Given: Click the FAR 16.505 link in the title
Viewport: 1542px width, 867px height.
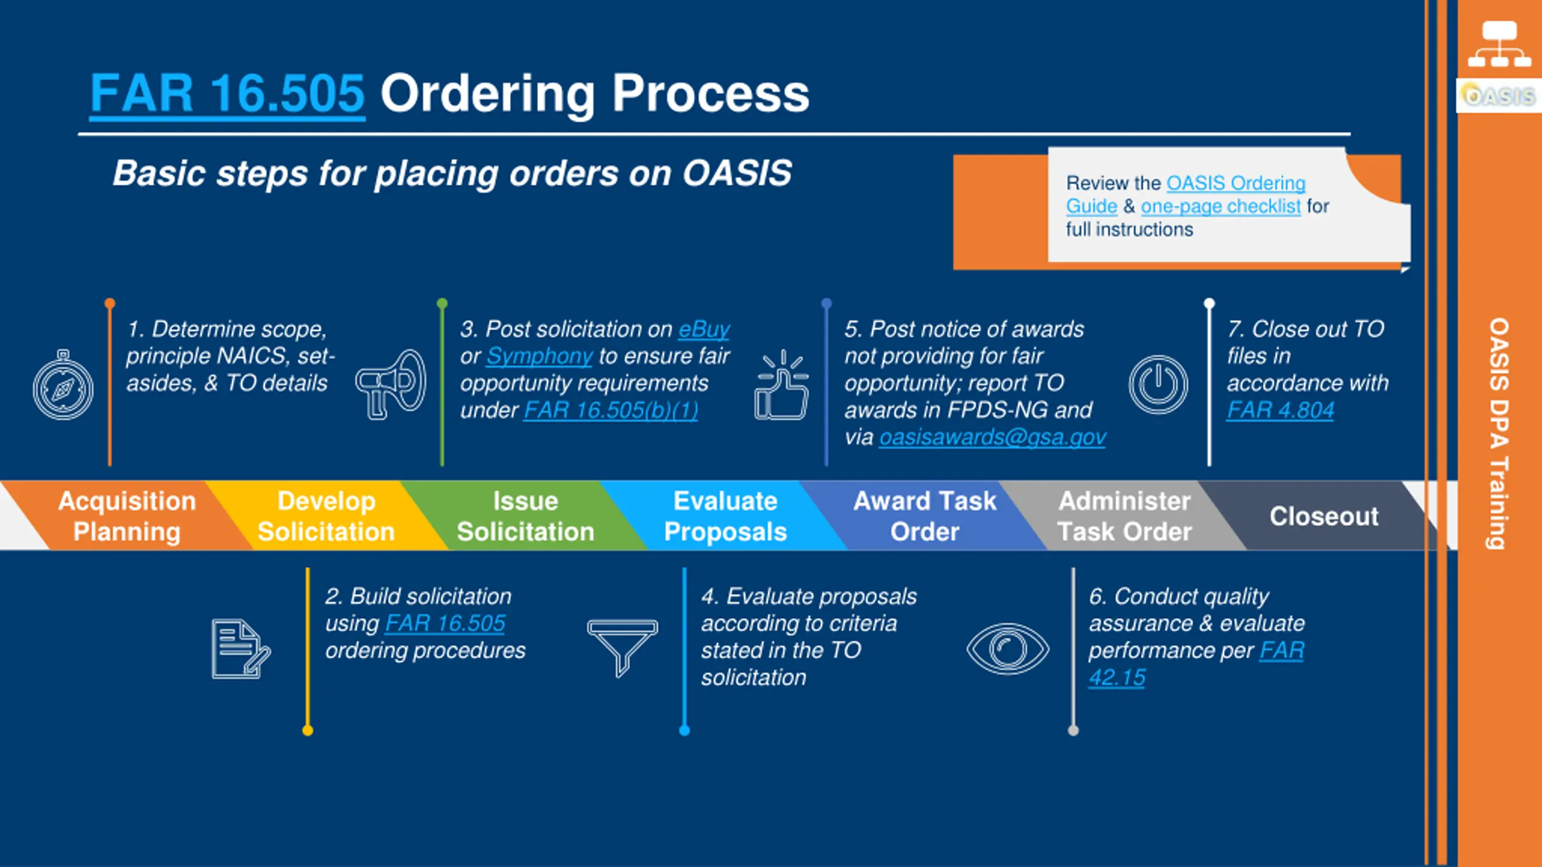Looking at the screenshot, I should coord(227,94).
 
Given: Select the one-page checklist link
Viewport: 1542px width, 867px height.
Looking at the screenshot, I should coord(1220,207).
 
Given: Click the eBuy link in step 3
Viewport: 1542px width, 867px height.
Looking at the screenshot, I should coord(704,329).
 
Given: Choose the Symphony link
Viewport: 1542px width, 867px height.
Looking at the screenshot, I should coord(539,356).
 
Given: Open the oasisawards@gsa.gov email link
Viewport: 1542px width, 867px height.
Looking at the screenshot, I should coord(992,437).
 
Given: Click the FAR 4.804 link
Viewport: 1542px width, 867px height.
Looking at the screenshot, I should coord(1281,411).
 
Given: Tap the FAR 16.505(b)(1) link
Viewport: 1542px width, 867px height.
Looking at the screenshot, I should coord(610,411).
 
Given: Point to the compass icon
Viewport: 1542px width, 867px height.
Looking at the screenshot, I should coord(63,385).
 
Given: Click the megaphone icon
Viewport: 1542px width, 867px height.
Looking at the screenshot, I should coord(391,384).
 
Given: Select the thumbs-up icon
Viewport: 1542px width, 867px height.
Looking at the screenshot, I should coord(781,385).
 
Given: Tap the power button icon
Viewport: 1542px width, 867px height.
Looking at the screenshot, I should coord(1158,385).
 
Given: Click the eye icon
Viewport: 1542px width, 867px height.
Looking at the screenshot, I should coord(1008,649).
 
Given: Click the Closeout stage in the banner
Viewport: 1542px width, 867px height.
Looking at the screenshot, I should coord(1323,517).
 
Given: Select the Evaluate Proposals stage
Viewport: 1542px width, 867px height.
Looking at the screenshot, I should coord(725,517).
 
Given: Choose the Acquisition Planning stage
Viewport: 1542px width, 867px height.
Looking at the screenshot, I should coord(127,517).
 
